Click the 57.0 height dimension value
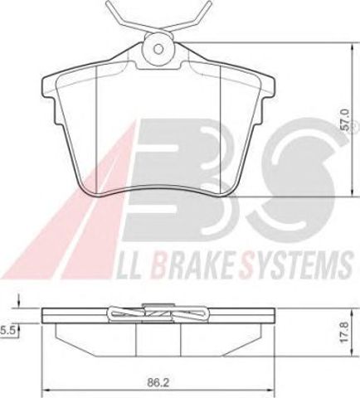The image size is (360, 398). click(345, 119)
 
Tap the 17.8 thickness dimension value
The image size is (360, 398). click(345, 332)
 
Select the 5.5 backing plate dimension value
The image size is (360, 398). click(7, 330)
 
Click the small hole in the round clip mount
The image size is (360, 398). click(158, 50)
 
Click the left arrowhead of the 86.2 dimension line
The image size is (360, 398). click(46, 391)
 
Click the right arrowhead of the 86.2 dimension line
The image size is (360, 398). click(271, 391)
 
